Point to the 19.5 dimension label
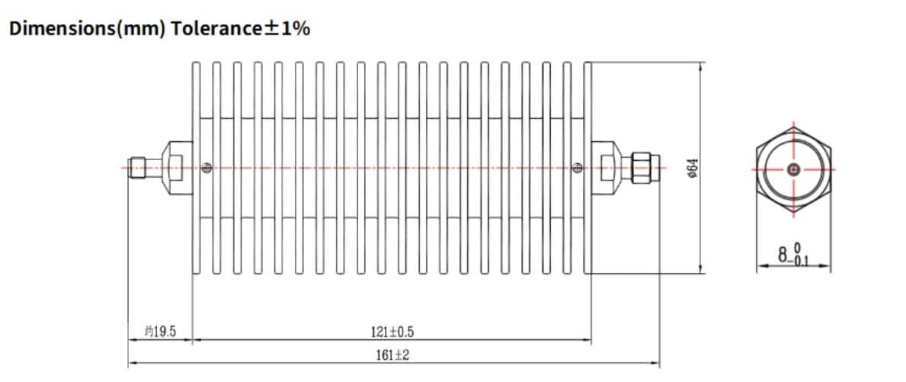click(x=160, y=332)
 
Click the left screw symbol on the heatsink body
click(x=206, y=168)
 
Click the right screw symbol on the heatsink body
click(x=577, y=168)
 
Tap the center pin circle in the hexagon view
click(x=793, y=169)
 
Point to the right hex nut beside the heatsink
click(x=606, y=167)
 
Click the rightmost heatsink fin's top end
click(x=587, y=66)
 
